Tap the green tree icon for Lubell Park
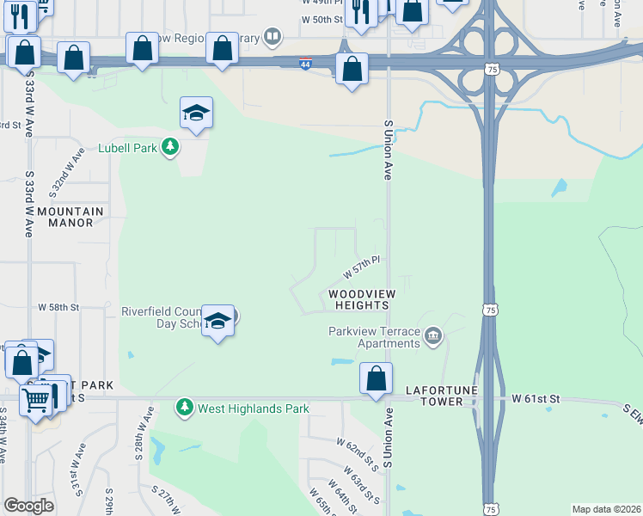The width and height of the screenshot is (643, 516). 171,148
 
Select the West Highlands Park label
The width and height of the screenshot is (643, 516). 253,408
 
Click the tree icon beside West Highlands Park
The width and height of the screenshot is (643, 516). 184,407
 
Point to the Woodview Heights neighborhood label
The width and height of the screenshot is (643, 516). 362,300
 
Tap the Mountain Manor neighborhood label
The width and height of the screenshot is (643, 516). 70,217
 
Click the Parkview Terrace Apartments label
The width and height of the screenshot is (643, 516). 374,337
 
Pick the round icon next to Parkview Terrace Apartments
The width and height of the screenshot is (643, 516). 433,335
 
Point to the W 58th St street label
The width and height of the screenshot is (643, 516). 58,307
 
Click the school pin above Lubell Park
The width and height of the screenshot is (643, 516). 196,113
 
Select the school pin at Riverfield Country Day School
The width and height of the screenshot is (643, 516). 218,321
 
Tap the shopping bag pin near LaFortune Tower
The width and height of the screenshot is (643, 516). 376,378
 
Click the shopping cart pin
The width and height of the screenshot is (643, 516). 36,398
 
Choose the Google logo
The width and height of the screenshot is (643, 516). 28,506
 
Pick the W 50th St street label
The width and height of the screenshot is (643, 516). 322,19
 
